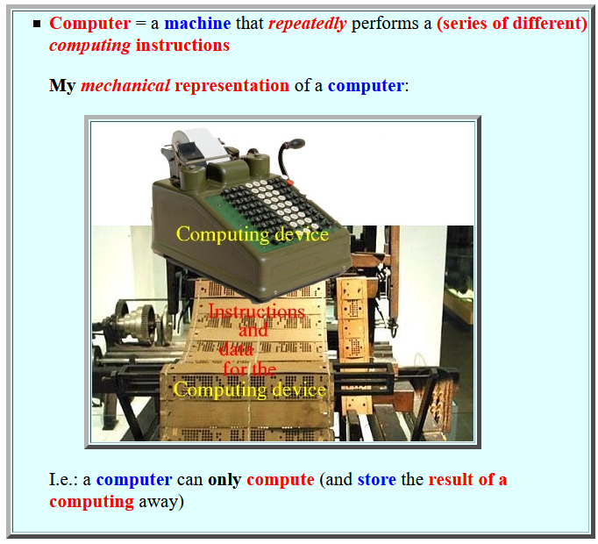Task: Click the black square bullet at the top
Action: (37, 25)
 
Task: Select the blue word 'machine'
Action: (197, 24)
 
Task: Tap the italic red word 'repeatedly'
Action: (308, 24)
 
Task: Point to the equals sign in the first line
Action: (140, 24)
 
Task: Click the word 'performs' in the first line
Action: (385, 24)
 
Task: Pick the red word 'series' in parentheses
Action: (462, 24)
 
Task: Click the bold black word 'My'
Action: (62, 86)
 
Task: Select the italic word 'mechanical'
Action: (125, 85)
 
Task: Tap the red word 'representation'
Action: (231, 86)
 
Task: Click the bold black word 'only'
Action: (224, 480)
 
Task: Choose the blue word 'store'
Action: (377, 479)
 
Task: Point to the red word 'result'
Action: (452, 479)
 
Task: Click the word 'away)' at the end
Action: (161, 502)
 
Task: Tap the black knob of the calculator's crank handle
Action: (295, 143)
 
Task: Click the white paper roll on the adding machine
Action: (200, 143)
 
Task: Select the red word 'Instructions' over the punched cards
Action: (257, 311)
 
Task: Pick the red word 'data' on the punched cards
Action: (237, 350)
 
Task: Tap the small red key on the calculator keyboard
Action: (290, 183)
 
